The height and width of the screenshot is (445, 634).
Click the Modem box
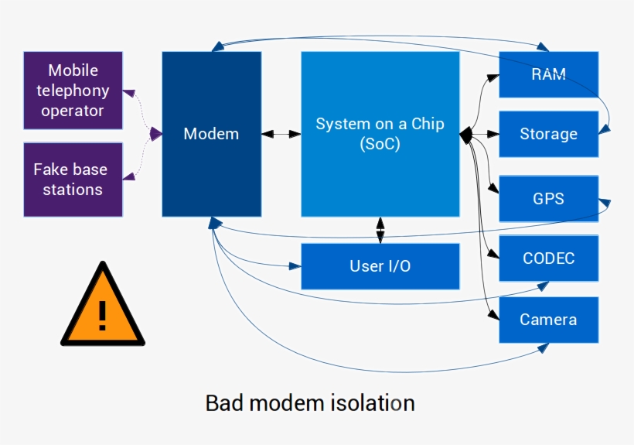click(211, 134)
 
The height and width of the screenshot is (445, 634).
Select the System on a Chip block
click(380, 134)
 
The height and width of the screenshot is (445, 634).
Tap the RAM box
click(548, 74)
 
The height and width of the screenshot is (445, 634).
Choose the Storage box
click(548, 134)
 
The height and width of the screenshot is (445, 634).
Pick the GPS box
click(548, 198)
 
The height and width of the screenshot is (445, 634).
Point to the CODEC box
click(548, 258)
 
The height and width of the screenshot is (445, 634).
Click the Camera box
click(548, 320)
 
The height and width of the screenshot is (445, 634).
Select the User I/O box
click(380, 266)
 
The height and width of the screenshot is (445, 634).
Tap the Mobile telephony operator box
click(73, 90)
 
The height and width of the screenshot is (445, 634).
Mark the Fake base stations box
click(73, 179)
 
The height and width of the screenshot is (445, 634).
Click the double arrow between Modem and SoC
click(281, 134)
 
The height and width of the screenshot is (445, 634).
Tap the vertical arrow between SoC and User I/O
click(380, 230)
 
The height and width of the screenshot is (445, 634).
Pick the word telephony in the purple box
click(73, 91)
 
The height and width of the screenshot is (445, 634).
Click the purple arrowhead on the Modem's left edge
click(156, 134)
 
